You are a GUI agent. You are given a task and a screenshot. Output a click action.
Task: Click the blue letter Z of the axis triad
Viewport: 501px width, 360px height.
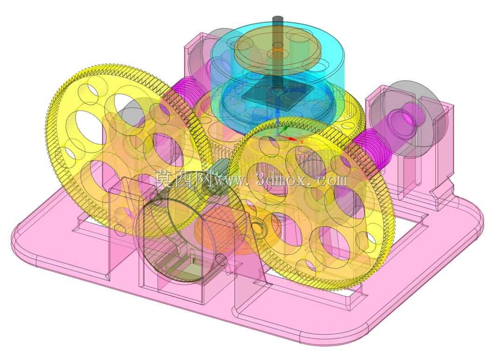point(278,111)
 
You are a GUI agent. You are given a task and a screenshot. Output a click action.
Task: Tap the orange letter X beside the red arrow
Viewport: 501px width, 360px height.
point(302,142)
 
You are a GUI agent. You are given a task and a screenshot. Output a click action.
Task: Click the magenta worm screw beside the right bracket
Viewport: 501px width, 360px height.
point(370,149)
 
